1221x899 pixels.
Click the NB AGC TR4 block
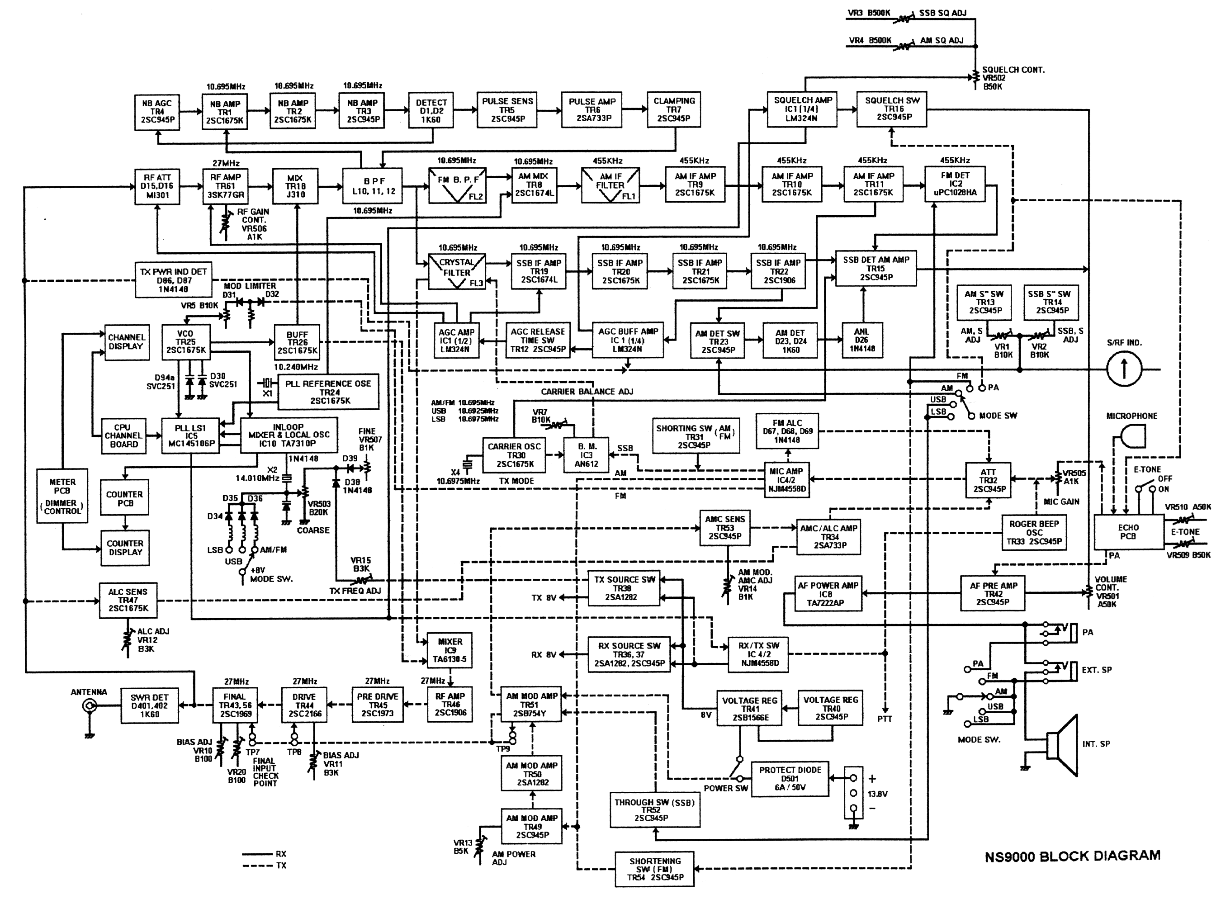[x=157, y=112]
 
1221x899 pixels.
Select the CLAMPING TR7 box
[x=674, y=109]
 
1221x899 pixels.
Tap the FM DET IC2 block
[x=955, y=184]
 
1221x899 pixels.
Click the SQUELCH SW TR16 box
[x=892, y=109]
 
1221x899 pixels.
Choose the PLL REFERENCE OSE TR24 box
[x=329, y=392]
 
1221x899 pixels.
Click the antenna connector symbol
[x=89, y=706]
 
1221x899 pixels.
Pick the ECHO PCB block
[x=1128, y=532]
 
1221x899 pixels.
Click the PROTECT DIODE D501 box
[x=790, y=779]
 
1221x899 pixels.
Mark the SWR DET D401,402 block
[x=150, y=706]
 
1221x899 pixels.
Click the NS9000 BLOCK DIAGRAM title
[x=1072, y=856]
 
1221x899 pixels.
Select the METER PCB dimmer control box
[x=62, y=496]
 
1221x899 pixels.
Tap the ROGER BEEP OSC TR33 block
[x=1034, y=532]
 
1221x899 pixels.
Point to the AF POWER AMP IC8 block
[x=827, y=594]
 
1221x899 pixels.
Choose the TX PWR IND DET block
[x=173, y=280]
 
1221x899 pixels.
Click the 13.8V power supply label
[x=877, y=794]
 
